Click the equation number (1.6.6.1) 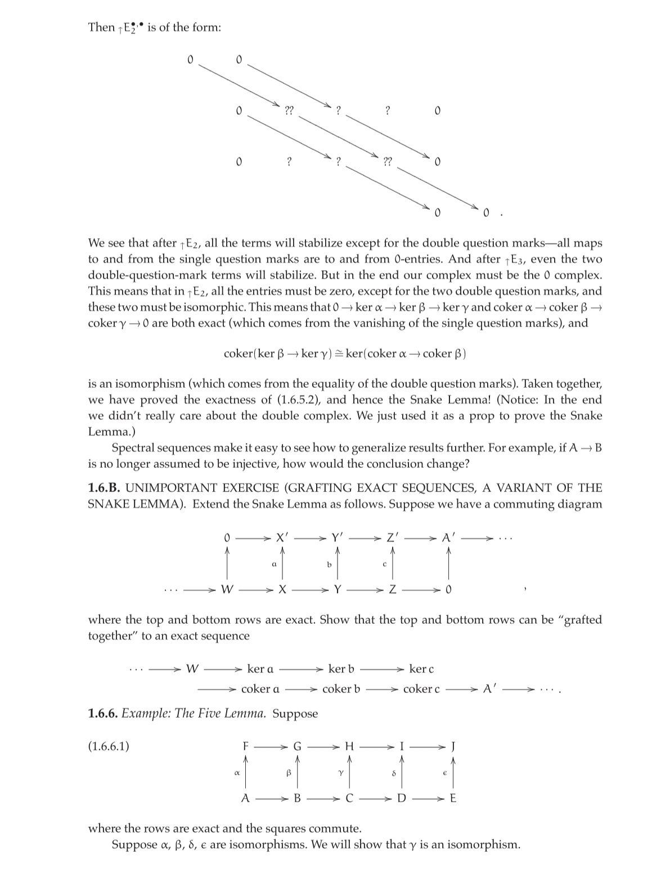(x=109, y=746)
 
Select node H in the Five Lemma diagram (x=349, y=746)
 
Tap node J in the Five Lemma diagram (x=453, y=746)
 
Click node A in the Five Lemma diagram (x=245, y=798)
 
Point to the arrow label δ (x=394, y=773)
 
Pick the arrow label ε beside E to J (x=444, y=773)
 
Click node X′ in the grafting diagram (x=282, y=538)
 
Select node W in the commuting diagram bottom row (x=227, y=590)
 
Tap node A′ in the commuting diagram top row (x=448, y=538)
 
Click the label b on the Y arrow (x=330, y=563)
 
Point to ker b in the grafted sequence (x=341, y=669)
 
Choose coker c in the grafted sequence (x=421, y=688)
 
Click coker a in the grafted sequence (x=260, y=688)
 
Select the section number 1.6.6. (x=103, y=714)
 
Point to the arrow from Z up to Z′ (x=393, y=563)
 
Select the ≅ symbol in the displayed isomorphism (x=340, y=353)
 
